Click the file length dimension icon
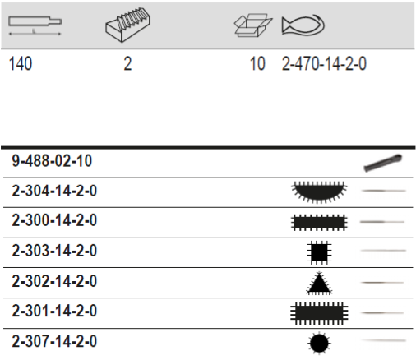35,25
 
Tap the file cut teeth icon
127,25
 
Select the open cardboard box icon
253,25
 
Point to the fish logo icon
303,25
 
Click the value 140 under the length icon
21,64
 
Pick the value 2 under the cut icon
127,64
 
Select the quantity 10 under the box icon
257,64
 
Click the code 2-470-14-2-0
324,64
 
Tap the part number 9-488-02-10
52,161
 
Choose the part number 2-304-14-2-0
54,191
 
